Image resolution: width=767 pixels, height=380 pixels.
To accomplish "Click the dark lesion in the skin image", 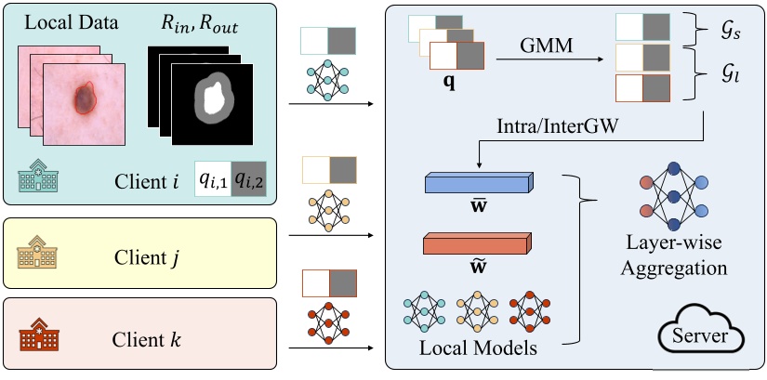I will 84,96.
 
